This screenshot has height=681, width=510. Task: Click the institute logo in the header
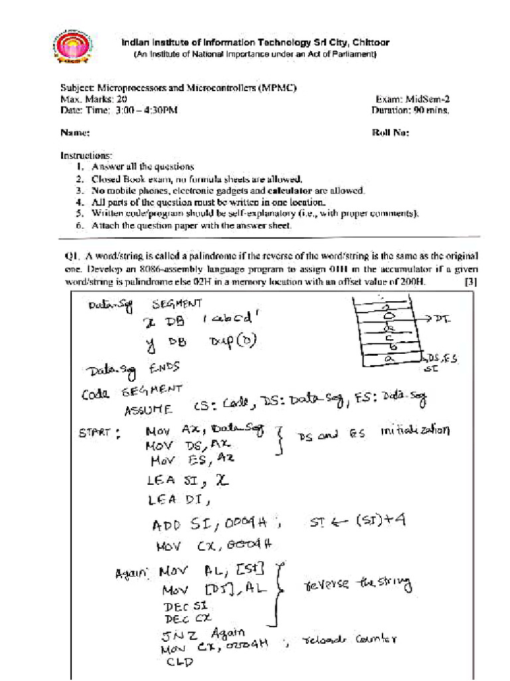[73, 49]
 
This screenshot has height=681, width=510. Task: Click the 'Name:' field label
[75, 132]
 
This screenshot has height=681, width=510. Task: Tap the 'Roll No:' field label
[390, 132]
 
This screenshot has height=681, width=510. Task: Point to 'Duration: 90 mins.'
[410, 110]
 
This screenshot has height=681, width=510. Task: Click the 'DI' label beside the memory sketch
[442, 319]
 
